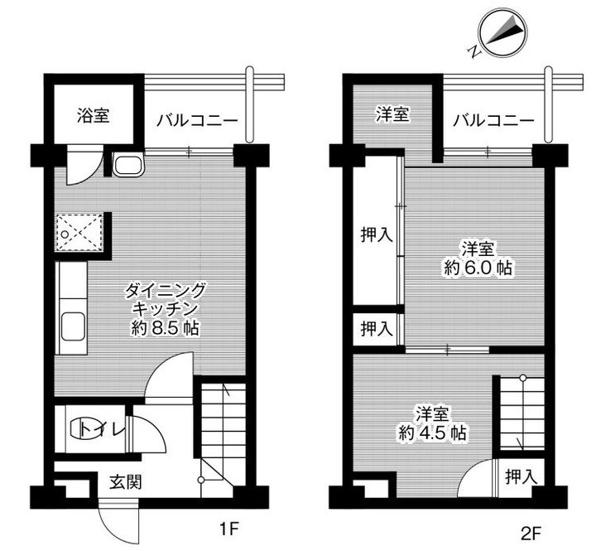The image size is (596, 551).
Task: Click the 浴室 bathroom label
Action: point(93,115)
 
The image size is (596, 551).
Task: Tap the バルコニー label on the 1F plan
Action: point(197,121)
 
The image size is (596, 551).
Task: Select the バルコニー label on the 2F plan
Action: point(493,121)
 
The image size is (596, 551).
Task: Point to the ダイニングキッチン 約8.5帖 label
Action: point(166,309)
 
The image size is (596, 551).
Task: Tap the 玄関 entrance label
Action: point(126,482)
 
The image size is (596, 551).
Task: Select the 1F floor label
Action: point(229,528)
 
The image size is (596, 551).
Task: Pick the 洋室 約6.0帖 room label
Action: point(478,259)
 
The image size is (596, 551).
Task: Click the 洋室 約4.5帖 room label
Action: point(433,423)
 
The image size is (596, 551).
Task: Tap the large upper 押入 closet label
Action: point(377,234)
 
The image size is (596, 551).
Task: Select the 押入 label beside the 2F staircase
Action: point(521,476)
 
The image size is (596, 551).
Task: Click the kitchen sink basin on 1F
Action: point(73,326)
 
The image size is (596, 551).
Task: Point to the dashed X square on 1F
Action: point(79,233)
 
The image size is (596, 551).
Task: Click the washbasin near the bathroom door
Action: point(129,165)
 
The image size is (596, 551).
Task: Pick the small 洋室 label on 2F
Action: point(392,114)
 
